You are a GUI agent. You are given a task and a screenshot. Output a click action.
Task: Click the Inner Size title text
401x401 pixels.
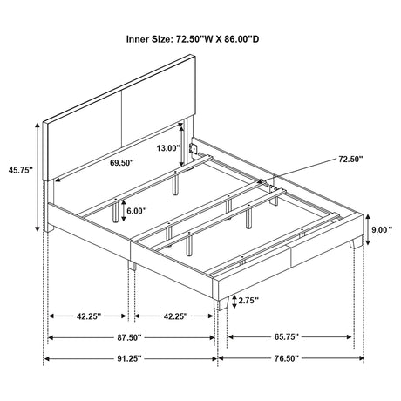193,39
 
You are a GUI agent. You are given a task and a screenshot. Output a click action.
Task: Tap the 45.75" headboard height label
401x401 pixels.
21,170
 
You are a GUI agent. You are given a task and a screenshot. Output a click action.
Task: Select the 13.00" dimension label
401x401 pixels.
168,148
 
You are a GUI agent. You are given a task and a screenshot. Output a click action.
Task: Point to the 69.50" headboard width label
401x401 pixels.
122,163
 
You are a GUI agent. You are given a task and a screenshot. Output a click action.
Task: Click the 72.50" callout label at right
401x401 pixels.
350,159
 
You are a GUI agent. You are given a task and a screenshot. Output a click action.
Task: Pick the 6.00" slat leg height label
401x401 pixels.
137,211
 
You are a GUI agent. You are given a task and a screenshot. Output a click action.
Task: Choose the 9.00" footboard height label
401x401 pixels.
382,230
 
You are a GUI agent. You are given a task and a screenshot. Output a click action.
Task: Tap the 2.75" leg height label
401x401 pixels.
248,301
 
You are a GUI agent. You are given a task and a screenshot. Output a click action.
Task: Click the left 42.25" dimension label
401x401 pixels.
89,316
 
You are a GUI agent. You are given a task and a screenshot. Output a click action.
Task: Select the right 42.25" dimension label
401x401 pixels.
175,316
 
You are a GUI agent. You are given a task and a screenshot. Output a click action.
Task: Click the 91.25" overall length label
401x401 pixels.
129,359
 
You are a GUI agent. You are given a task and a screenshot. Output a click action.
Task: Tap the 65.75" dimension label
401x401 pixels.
287,337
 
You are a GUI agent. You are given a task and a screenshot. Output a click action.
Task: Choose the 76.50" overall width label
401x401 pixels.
287,359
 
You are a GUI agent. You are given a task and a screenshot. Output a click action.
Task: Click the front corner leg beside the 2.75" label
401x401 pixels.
221,302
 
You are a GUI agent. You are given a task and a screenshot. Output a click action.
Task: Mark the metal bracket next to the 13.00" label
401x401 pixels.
193,148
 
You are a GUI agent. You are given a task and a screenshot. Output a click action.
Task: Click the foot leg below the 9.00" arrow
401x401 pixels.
356,242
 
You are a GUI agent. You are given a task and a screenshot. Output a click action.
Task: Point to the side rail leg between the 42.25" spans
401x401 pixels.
132,265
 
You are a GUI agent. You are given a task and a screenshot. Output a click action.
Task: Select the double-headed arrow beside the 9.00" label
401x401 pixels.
368,229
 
